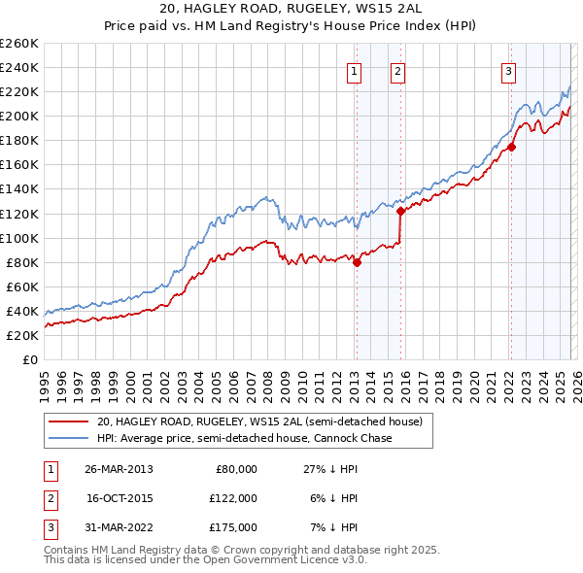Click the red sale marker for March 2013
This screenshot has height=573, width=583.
click(x=357, y=261)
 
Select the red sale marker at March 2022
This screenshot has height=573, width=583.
click(x=511, y=147)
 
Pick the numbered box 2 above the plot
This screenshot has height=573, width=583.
click(x=398, y=69)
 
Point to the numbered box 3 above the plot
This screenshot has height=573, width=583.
click(x=508, y=69)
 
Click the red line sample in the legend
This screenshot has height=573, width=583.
click(x=68, y=422)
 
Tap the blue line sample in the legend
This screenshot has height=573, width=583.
click(x=68, y=438)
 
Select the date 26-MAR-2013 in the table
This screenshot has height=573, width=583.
click(x=119, y=468)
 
